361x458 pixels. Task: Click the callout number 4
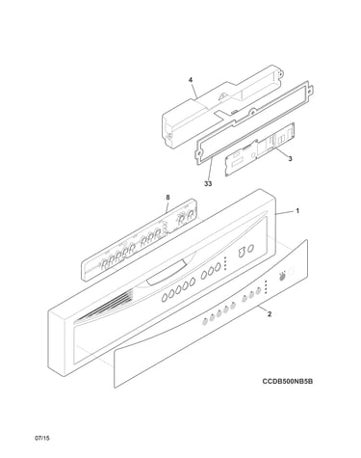[191, 79]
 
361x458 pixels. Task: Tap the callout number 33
[208, 183]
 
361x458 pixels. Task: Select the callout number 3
[290, 158]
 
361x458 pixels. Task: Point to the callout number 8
[168, 198]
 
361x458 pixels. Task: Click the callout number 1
[297, 211]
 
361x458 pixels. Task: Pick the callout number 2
[270, 314]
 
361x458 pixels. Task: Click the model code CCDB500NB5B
[288, 381]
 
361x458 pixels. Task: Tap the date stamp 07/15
[42, 438]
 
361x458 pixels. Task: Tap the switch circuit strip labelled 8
[139, 239]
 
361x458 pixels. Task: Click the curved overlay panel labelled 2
[211, 313]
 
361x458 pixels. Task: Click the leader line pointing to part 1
[285, 212]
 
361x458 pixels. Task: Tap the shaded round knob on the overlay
[282, 277]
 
